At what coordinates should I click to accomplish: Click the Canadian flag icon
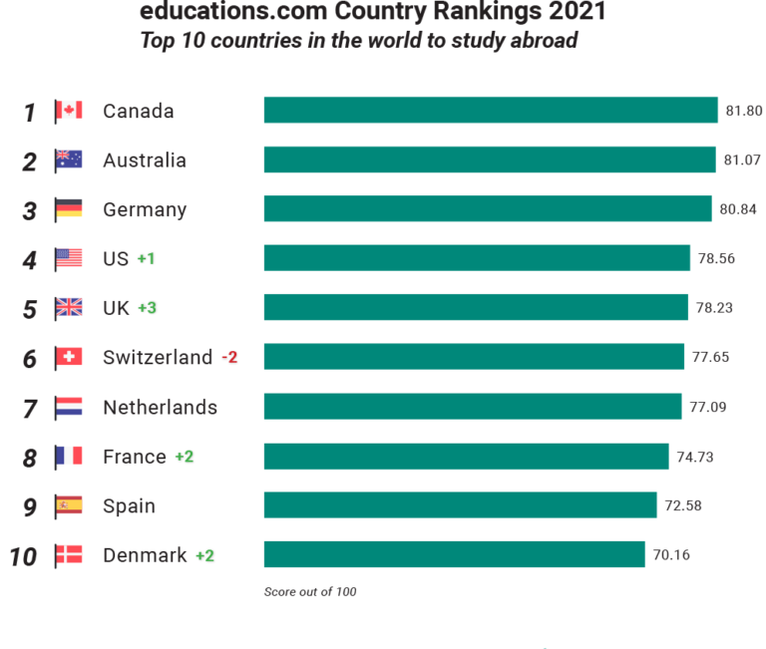(69, 110)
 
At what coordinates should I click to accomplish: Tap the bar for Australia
(490, 160)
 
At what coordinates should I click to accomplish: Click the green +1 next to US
(147, 259)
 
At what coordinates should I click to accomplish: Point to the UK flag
(69, 308)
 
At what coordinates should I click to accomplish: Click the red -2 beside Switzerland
(229, 357)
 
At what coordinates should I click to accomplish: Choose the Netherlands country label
(160, 407)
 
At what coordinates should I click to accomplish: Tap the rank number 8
(30, 458)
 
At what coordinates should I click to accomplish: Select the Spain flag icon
(69, 505)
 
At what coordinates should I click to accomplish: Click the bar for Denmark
(454, 554)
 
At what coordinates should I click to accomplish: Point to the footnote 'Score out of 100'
(310, 592)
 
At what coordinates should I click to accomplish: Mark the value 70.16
(671, 554)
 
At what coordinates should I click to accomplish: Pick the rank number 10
(23, 556)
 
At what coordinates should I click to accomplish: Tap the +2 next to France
(185, 457)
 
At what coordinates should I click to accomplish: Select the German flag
(69, 209)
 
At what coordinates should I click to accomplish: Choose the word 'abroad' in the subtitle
(545, 41)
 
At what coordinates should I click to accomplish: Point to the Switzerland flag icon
(69, 357)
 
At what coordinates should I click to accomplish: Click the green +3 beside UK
(148, 308)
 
